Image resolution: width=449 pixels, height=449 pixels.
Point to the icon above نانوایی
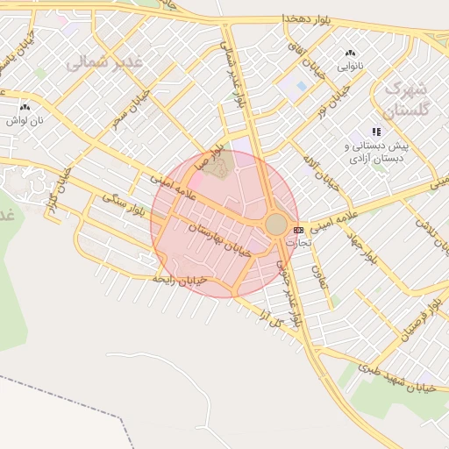[352, 53]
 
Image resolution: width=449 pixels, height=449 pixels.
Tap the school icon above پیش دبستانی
[377, 132]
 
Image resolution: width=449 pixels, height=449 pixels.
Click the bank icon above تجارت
[298, 230]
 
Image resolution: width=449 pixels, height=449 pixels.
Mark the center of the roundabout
[276, 224]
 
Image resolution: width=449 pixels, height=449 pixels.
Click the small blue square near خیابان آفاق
[302, 86]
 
